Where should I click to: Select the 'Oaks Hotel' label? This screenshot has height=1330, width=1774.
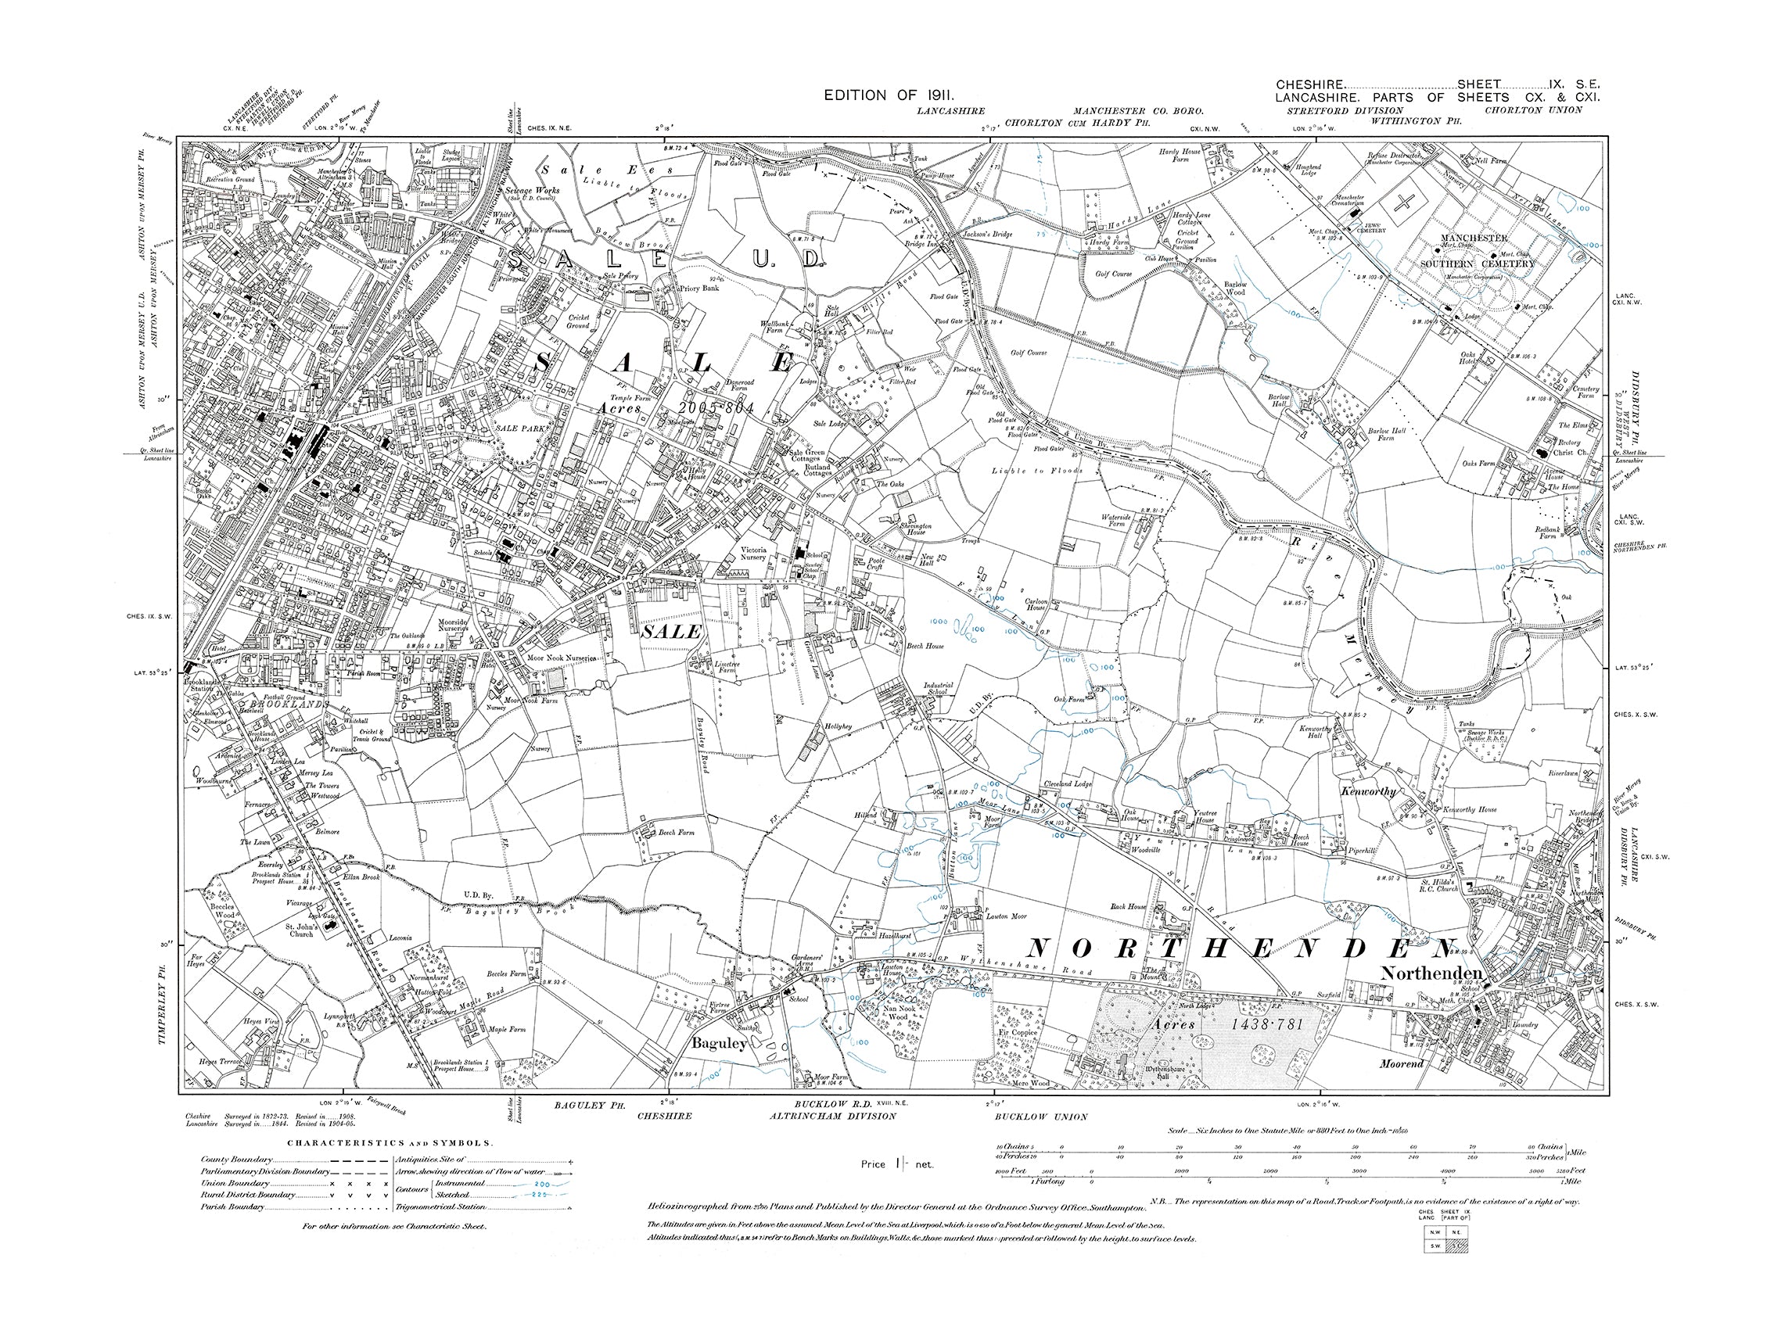[1467, 357]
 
